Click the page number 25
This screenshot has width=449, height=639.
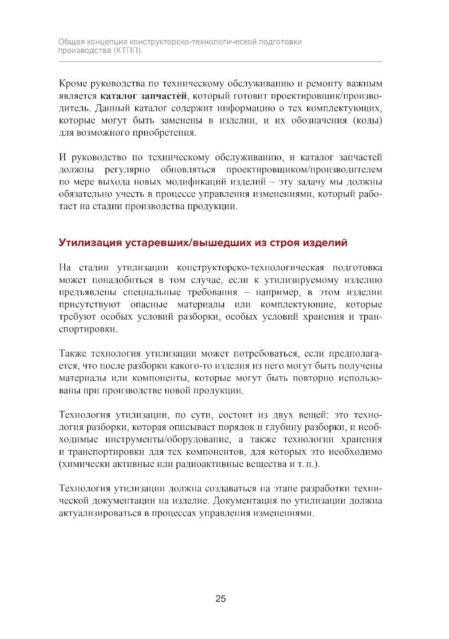(220, 599)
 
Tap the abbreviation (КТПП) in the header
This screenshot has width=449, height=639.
(127, 51)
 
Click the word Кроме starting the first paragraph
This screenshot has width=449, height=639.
(73, 84)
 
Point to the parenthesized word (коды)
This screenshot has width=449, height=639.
(367, 120)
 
